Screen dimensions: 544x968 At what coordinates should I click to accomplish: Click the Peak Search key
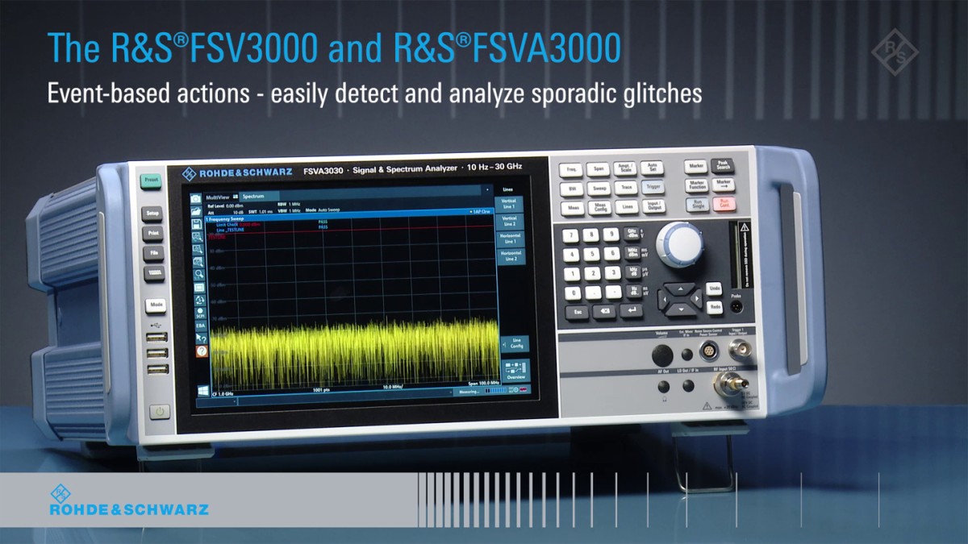click(x=722, y=165)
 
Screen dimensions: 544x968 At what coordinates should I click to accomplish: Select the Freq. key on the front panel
click(x=571, y=169)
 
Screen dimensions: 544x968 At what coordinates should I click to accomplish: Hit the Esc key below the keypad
click(x=575, y=311)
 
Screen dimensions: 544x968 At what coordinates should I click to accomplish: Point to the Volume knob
click(x=662, y=355)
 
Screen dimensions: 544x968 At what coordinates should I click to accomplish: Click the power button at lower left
click(x=160, y=411)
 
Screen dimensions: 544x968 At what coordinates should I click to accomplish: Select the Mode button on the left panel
click(x=156, y=305)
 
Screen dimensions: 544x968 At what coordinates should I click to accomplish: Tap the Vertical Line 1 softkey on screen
click(x=509, y=202)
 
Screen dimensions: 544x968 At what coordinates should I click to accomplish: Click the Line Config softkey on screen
click(x=513, y=343)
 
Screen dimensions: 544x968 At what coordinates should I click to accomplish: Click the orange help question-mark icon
click(x=202, y=351)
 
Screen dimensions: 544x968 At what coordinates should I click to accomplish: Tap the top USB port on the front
click(x=157, y=337)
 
